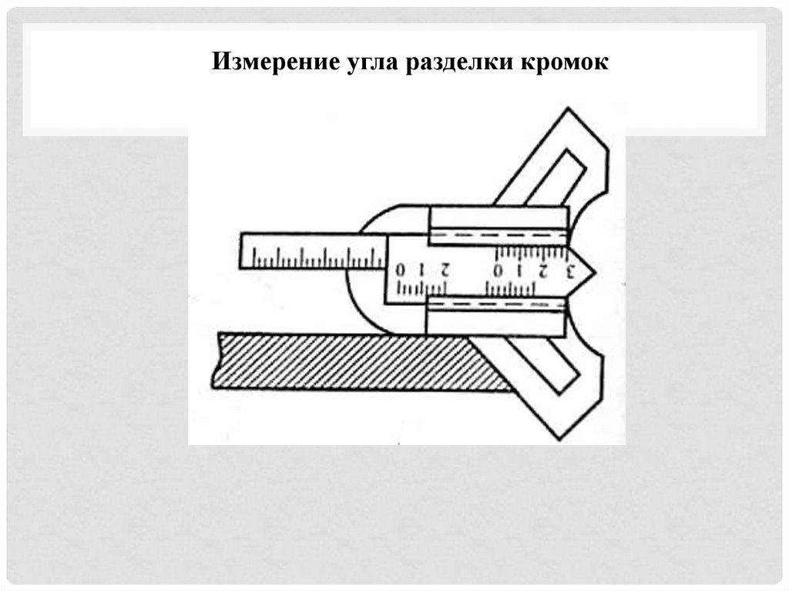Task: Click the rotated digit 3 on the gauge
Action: click(570, 270)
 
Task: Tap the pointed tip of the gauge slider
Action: click(592, 270)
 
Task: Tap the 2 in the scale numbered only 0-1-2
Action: click(444, 271)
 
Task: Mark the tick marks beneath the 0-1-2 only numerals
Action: click(421, 288)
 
